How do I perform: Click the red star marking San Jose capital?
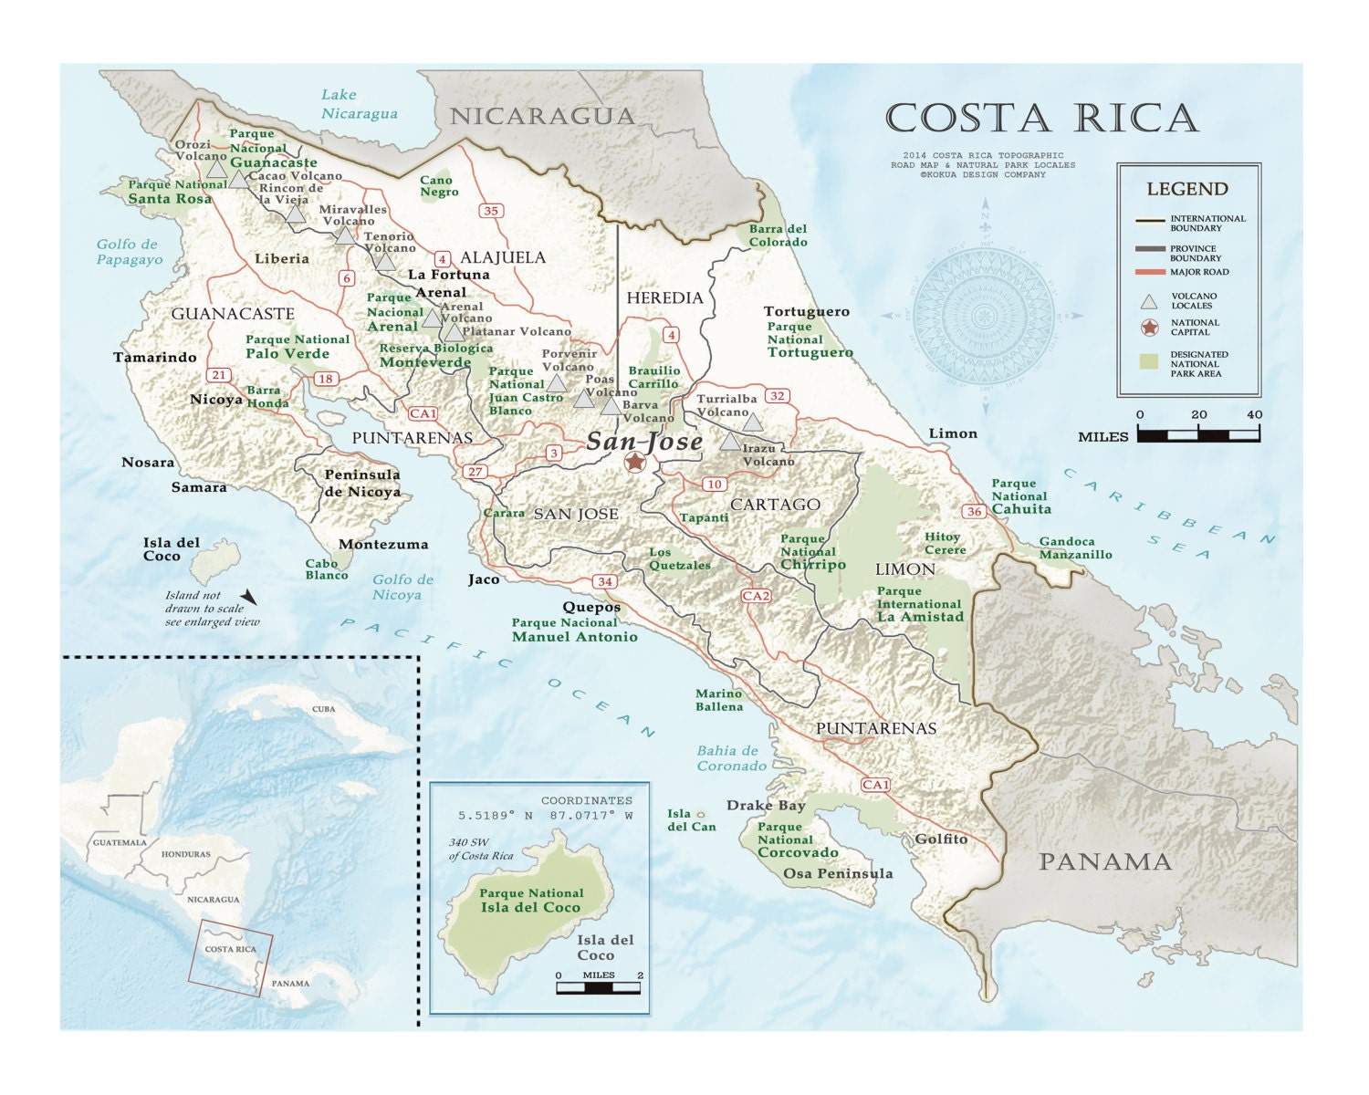tap(635, 463)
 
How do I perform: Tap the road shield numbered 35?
tap(491, 211)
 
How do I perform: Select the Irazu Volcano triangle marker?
tap(729, 442)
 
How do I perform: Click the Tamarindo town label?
tap(155, 357)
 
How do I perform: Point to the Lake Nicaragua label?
tap(359, 104)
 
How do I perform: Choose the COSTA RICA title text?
tap(1041, 119)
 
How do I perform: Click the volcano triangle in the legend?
tap(1149, 301)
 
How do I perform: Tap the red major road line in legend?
tap(1150, 272)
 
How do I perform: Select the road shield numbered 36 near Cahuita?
tap(975, 511)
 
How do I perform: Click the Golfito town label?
tap(941, 839)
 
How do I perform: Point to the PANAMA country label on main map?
tap(1104, 861)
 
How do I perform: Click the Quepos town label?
tap(591, 607)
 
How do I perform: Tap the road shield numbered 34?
tap(604, 581)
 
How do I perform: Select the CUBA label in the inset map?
tap(324, 709)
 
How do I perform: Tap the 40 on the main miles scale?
tap(1254, 414)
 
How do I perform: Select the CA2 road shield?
tap(756, 596)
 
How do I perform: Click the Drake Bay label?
tap(766, 805)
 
